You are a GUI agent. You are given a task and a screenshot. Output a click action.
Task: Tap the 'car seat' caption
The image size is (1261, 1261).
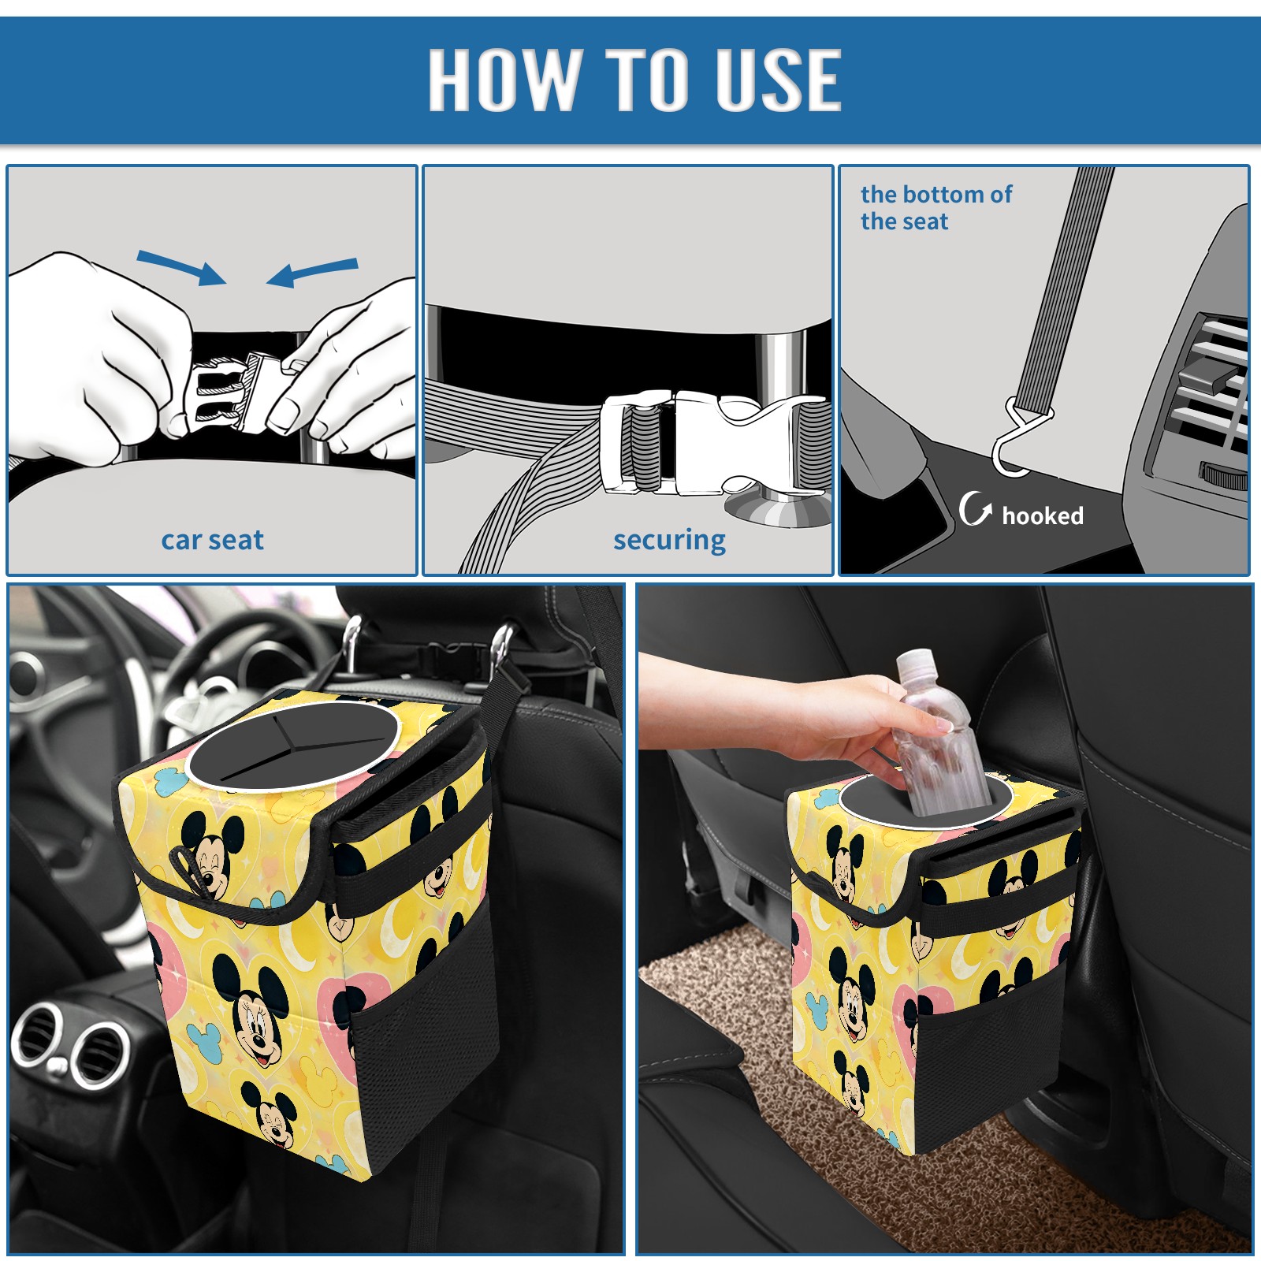212,540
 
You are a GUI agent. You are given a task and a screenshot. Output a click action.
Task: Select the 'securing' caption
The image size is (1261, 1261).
669,541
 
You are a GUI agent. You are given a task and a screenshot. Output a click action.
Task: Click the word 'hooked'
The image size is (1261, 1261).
1043,515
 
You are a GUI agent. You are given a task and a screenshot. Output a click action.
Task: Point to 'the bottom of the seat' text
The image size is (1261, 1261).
936,207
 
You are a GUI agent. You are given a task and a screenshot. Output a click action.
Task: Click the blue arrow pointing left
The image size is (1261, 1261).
312,272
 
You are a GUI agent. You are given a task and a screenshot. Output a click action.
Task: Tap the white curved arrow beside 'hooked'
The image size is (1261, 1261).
975,508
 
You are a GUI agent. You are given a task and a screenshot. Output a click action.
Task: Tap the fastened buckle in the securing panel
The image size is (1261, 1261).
713,443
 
